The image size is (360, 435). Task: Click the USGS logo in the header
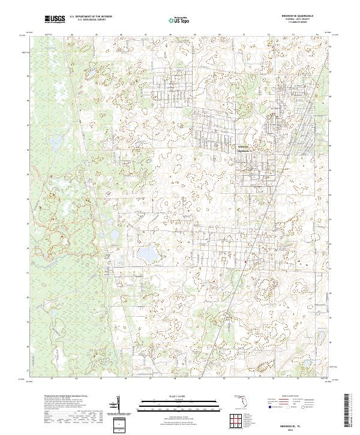(55, 20)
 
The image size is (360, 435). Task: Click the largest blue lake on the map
(146, 254)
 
